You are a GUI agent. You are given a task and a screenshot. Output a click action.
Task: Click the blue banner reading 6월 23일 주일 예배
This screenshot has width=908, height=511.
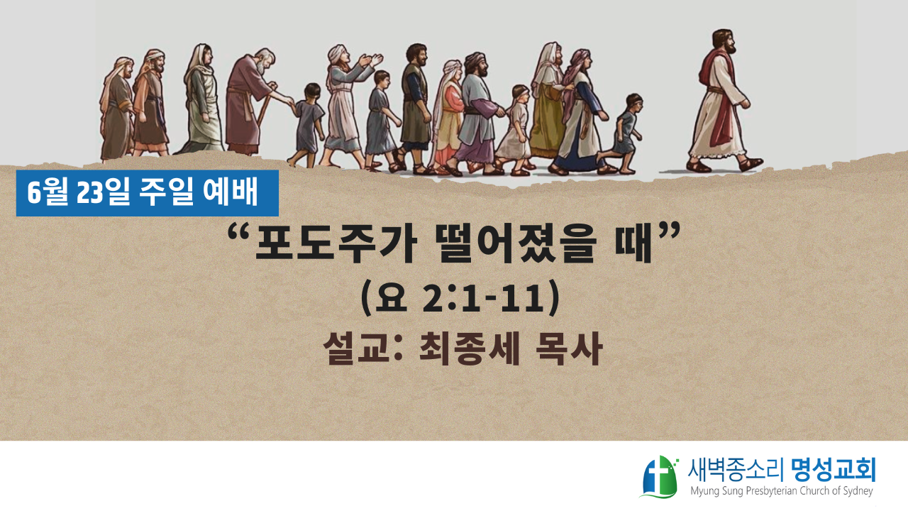[147, 193]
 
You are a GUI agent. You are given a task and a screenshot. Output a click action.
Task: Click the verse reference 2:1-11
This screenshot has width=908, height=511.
[483, 300]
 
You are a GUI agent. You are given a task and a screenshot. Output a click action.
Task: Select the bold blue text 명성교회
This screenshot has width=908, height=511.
[834, 471]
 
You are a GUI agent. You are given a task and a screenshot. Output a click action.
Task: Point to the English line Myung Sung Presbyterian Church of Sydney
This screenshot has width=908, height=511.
[782, 491]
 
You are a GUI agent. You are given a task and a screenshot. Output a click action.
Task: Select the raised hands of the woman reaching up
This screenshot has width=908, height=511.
[370, 61]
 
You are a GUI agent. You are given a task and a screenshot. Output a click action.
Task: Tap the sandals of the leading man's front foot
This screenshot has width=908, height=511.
[751, 164]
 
